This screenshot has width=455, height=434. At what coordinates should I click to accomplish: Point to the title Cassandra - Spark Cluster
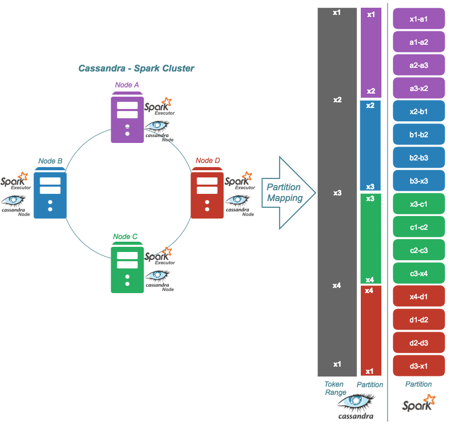coord(136,68)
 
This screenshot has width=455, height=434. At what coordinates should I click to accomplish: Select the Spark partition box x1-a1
coord(418,19)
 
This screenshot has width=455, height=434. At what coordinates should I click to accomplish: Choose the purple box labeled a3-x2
coord(418,88)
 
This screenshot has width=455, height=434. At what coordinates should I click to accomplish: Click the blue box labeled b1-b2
coord(418,134)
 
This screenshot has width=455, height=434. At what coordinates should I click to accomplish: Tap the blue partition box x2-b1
coord(418,111)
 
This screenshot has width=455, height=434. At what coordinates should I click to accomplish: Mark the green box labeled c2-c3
coord(418,250)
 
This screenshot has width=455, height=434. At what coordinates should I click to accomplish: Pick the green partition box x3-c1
coord(418,204)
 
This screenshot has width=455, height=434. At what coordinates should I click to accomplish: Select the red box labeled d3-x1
coord(418,366)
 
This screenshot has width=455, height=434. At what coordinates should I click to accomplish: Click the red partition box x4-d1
coord(418,296)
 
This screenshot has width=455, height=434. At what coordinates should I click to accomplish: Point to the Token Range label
coord(335,388)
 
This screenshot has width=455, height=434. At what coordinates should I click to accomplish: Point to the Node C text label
coord(125,237)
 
